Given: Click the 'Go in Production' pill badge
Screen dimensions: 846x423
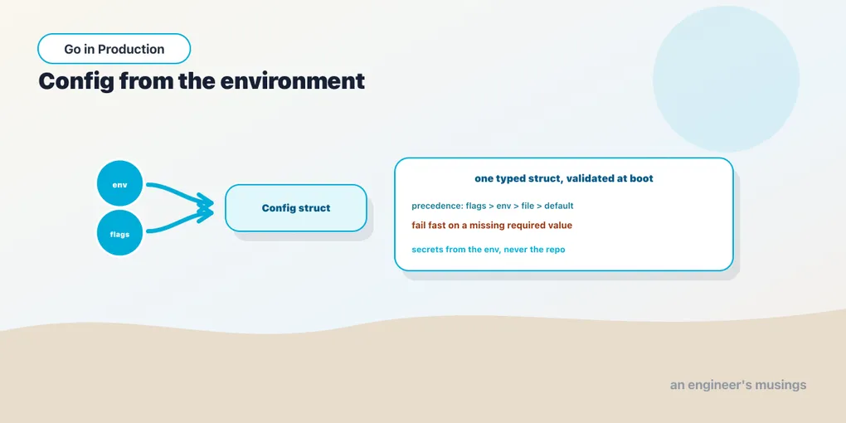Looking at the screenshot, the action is pyautogui.click(x=114, y=49).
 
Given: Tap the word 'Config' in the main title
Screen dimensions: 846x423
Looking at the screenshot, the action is pyautogui.click(x=75, y=81).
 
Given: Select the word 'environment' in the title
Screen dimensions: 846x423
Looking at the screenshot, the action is pyautogui.click(x=293, y=81).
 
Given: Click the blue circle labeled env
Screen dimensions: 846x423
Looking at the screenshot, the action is pyautogui.click(x=119, y=183).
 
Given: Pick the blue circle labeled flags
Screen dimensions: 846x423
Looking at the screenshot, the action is pyautogui.click(x=119, y=233).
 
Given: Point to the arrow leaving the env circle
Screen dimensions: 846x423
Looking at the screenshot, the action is pyautogui.click(x=181, y=192).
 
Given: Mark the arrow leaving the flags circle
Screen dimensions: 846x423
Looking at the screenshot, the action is pyautogui.click(x=181, y=222).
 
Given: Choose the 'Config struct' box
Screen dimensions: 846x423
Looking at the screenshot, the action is pyautogui.click(x=295, y=208).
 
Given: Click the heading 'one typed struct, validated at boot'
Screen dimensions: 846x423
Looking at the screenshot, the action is pyautogui.click(x=564, y=178).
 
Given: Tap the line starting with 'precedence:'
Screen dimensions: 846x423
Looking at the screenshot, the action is pyautogui.click(x=492, y=206).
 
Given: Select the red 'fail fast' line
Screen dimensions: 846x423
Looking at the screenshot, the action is pyautogui.click(x=492, y=226).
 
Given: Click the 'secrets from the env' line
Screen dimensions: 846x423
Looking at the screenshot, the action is pyautogui.click(x=489, y=250).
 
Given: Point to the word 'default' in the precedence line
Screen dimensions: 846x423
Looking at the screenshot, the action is pyautogui.click(x=558, y=206).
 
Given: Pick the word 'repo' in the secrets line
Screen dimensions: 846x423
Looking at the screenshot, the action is pyautogui.click(x=555, y=250).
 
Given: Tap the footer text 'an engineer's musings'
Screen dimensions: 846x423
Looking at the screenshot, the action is pyautogui.click(x=738, y=385).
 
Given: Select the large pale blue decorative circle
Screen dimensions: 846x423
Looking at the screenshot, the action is pyautogui.click(x=726, y=79).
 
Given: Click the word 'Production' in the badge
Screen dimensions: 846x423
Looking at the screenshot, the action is pyautogui.click(x=131, y=49).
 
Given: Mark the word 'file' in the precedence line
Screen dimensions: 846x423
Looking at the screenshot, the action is pyautogui.click(x=528, y=206).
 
